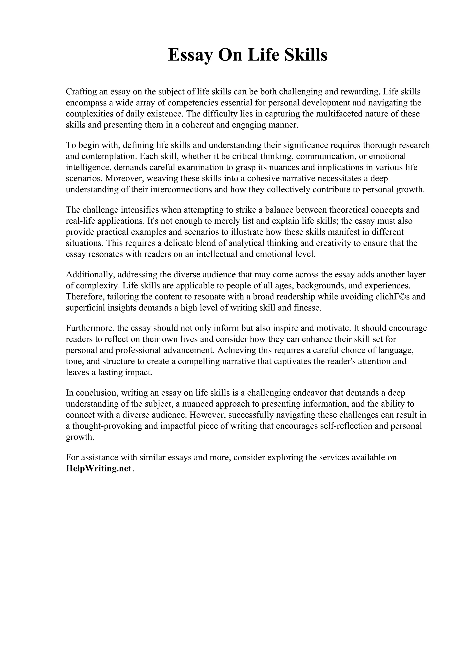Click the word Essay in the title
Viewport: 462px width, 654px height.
[x=190, y=55]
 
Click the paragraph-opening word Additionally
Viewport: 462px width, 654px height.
[x=90, y=275]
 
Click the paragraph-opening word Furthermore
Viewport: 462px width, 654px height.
[x=90, y=328]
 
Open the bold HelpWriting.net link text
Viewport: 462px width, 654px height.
[x=99, y=468]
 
